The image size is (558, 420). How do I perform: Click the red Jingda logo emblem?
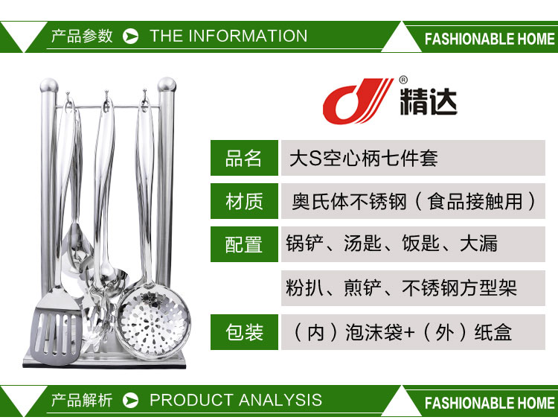click(357, 101)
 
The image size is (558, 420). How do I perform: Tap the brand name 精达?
click(429, 101)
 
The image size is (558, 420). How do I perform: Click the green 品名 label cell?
click(244, 158)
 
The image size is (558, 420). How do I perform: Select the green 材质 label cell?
click(244, 201)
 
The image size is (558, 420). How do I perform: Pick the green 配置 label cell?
click(244, 244)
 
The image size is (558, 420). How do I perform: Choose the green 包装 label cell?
click(244, 332)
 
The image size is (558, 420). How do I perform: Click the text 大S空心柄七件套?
click(363, 158)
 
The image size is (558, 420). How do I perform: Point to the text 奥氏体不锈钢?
click(349, 202)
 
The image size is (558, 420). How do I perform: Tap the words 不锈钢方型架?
click(460, 288)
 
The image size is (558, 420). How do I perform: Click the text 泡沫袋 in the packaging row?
click(373, 332)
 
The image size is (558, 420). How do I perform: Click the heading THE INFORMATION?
click(228, 36)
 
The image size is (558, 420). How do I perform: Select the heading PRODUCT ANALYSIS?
click(236, 400)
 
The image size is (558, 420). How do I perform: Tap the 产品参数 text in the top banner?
click(82, 36)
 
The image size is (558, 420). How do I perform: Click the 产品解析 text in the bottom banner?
click(82, 400)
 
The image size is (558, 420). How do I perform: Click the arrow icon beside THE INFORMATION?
click(131, 36)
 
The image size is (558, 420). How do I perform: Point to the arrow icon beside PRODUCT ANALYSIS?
click(131, 401)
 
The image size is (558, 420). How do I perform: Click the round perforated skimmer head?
click(154, 322)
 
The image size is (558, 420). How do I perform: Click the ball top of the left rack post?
click(49, 86)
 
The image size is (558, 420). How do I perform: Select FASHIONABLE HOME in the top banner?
click(490, 39)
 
